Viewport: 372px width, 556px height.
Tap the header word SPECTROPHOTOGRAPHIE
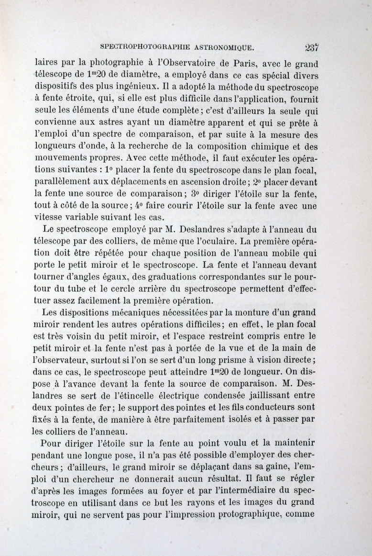[145, 47]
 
